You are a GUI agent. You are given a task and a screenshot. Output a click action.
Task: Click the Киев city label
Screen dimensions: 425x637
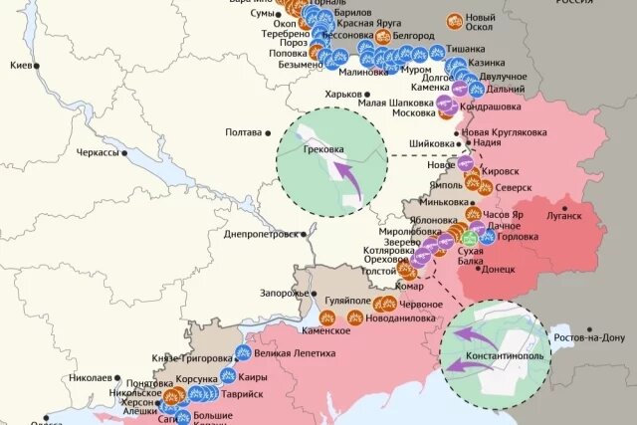coord(19,65)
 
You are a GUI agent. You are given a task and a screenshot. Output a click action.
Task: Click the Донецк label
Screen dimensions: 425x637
coord(501,269)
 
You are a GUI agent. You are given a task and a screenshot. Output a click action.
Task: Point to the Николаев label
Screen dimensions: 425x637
coord(94,378)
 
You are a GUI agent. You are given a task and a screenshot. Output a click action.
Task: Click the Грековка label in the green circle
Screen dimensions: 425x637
coord(324,150)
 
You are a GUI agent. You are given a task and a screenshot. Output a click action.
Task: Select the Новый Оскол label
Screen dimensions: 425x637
coord(481,23)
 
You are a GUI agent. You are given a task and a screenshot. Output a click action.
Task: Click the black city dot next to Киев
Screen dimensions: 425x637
coord(37,66)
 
